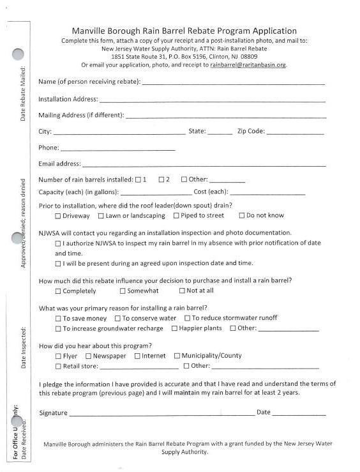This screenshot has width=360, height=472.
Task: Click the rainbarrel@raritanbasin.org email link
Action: click(x=248, y=65)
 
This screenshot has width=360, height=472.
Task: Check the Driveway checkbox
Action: click(x=58, y=216)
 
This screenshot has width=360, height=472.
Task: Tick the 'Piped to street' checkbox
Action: click(x=176, y=216)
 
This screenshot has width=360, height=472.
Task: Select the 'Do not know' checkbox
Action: click(x=242, y=216)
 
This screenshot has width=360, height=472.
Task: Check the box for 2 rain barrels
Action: click(x=161, y=179)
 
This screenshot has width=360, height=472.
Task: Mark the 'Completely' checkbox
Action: click(x=58, y=291)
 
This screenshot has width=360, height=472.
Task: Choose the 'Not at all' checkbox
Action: click(x=182, y=291)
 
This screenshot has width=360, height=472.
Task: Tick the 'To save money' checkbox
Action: click(x=58, y=318)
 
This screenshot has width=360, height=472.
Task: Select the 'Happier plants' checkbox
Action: click(x=174, y=328)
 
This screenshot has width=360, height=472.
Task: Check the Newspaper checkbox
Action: click(x=88, y=356)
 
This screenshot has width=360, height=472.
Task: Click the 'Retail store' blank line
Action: click(x=139, y=368)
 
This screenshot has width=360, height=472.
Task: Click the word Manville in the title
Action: click(x=93, y=31)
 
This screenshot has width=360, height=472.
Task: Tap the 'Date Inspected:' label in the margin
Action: click(x=23, y=348)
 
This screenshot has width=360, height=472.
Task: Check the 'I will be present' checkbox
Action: click(x=58, y=263)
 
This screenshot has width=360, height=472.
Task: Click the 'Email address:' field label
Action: click(x=59, y=164)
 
